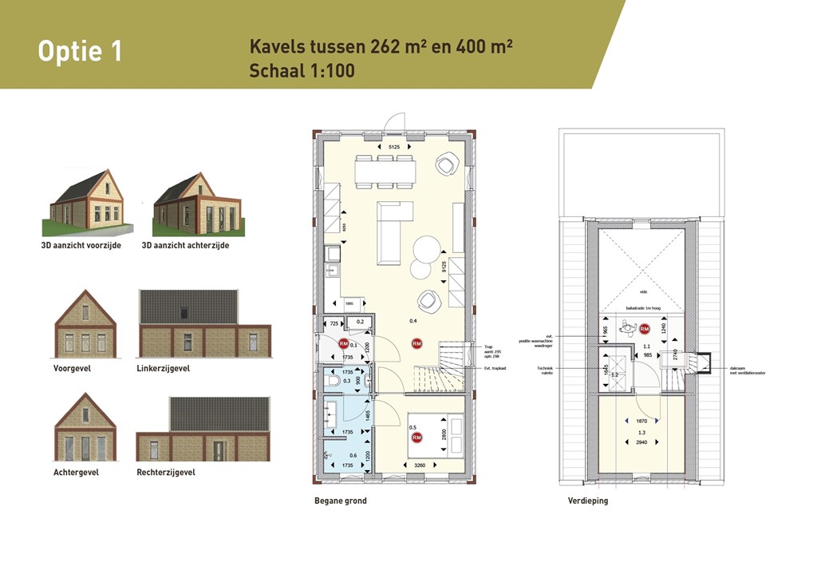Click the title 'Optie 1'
[x=80, y=51]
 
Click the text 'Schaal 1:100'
[x=302, y=70]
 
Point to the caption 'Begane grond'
[x=341, y=501]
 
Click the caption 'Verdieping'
[x=588, y=501]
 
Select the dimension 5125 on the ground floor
[x=393, y=148]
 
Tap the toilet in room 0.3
[x=333, y=382]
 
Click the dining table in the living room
[x=385, y=171]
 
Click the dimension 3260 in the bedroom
[x=415, y=465]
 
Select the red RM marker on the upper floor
[x=645, y=328]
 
